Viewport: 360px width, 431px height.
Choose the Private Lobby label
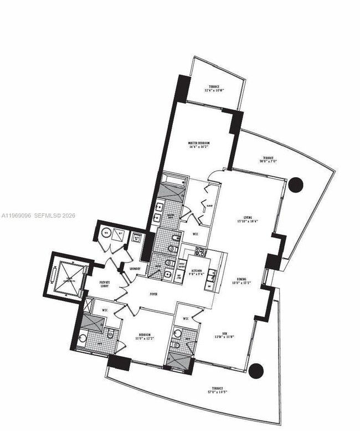click(105, 283)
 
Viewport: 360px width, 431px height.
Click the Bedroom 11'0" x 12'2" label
click(146, 337)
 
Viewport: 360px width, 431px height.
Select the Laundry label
click(135, 269)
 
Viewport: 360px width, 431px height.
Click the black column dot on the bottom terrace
click(255, 370)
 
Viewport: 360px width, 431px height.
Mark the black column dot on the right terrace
click(296, 184)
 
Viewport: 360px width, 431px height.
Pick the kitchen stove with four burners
click(198, 253)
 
